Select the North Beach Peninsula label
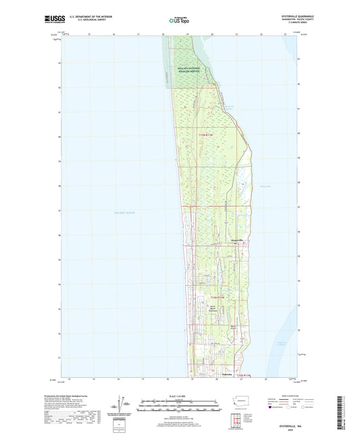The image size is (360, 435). [211, 310]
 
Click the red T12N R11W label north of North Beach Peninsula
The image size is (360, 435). [213, 297]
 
